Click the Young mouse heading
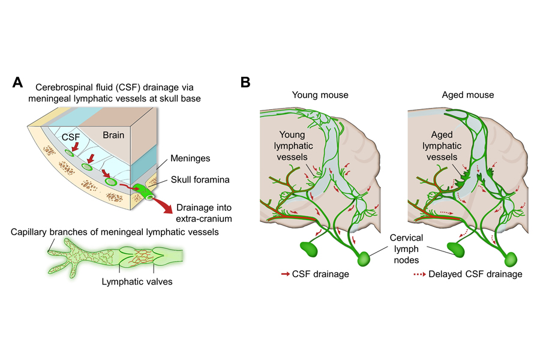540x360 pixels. pos(320,95)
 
